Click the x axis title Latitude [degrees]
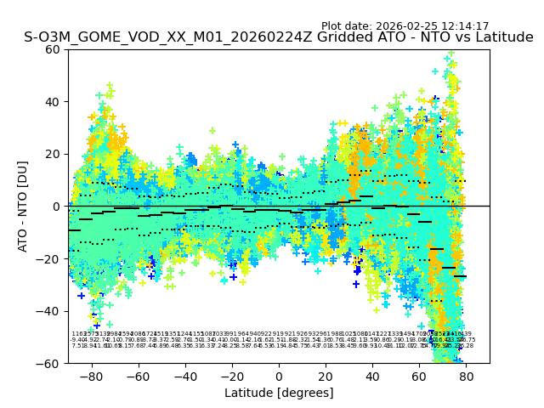(279, 393)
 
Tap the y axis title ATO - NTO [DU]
(24, 206)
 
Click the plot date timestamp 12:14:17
(464, 26)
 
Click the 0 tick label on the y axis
(59, 207)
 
